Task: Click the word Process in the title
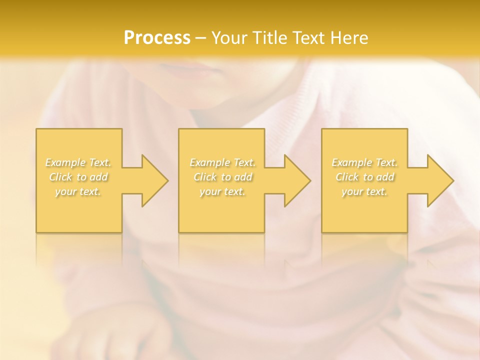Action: pyautogui.click(x=157, y=38)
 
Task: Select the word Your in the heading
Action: pyautogui.click(x=229, y=38)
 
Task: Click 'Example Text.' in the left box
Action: pyautogui.click(x=78, y=162)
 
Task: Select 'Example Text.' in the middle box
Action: pyautogui.click(x=222, y=162)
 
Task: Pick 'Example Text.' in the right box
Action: pyautogui.click(x=364, y=162)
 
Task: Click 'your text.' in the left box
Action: pyautogui.click(x=78, y=191)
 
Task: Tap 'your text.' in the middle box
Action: pyautogui.click(x=222, y=191)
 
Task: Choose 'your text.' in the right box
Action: pyautogui.click(x=364, y=191)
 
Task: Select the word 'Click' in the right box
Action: pyautogui.click(x=347, y=177)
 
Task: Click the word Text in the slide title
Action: pyautogui.click(x=308, y=38)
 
